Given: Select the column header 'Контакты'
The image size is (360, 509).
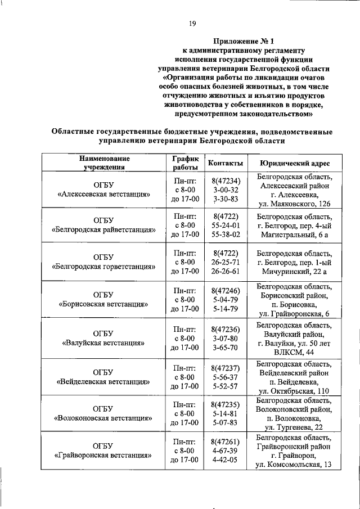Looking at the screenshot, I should (226, 163).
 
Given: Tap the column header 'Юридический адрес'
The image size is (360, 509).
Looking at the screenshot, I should (294, 163).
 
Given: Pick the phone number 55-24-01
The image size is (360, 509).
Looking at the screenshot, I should (226, 225).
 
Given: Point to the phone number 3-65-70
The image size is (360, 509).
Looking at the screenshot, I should (226, 348).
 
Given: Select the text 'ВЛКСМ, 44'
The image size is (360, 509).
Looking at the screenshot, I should (294, 352).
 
